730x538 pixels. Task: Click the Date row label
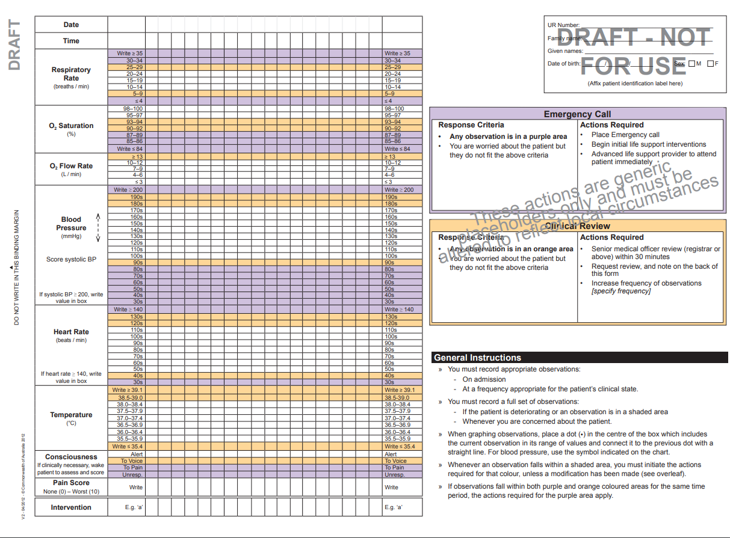(x=71, y=25)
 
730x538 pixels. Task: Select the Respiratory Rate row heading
(x=71, y=74)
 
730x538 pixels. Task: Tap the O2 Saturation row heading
(x=71, y=126)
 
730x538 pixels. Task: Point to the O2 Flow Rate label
(x=71, y=166)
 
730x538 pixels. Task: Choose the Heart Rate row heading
(x=71, y=332)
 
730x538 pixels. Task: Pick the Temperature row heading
(x=71, y=415)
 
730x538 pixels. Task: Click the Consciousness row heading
(x=71, y=457)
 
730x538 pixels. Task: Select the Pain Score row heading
(x=71, y=483)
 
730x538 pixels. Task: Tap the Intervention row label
(x=71, y=507)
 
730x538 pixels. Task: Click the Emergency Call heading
(x=577, y=114)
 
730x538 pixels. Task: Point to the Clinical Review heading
(x=577, y=226)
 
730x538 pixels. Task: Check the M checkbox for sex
(x=691, y=64)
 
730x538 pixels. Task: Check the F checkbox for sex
(x=711, y=64)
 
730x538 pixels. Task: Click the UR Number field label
(x=563, y=25)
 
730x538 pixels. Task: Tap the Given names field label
(x=565, y=51)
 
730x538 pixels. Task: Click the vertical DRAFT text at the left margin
(x=14, y=45)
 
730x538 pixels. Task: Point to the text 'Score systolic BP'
(x=71, y=260)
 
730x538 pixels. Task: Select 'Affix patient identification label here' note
(x=635, y=84)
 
